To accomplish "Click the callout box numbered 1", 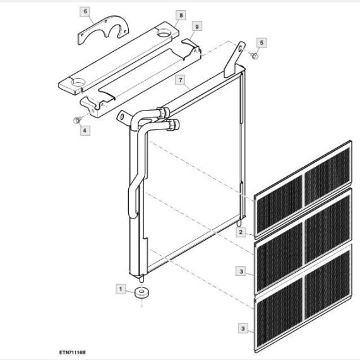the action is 121,289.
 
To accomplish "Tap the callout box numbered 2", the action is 241,232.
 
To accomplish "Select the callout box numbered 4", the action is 85,130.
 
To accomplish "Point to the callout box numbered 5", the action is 261,43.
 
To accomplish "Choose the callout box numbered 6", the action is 85,11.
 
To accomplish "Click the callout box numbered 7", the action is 181,80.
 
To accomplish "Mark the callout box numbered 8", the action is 181,15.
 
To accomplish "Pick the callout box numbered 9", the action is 197,27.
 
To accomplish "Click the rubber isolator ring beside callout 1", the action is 142,292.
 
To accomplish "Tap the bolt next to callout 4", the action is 76,120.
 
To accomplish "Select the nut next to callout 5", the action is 254,56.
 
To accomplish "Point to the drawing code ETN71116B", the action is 73,352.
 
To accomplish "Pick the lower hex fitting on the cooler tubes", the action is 172,125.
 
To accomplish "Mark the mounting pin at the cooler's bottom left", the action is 142,279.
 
